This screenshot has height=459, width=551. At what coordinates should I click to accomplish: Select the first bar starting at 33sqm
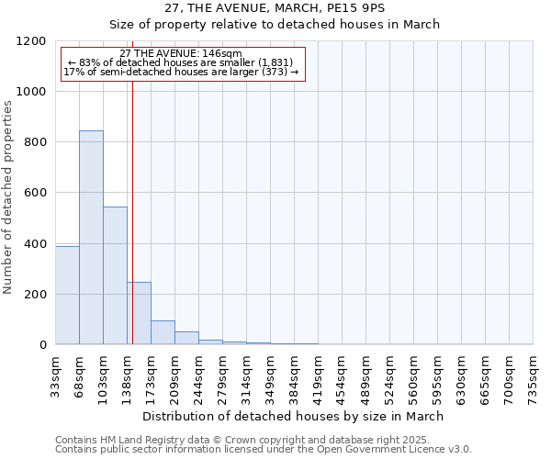pyautogui.click(x=67, y=295)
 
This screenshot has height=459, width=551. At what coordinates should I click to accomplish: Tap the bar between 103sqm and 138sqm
pyautogui.click(x=115, y=275)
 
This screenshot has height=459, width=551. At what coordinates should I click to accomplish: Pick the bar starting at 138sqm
pyautogui.click(x=140, y=313)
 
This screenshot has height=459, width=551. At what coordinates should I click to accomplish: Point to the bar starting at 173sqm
pyautogui.click(x=163, y=332)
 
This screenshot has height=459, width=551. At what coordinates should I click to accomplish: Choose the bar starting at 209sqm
pyautogui.click(x=186, y=338)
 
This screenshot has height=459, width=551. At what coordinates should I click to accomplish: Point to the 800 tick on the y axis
pyautogui.click(x=36, y=142)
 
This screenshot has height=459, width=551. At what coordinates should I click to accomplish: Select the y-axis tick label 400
pyautogui.click(x=36, y=244)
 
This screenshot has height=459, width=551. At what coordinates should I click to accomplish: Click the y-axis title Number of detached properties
pyautogui.click(x=9, y=198)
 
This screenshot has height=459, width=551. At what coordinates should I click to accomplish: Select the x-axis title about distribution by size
pyautogui.click(x=294, y=416)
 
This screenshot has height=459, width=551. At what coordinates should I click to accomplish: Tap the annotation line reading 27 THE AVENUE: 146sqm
pyautogui.click(x=181, y=53)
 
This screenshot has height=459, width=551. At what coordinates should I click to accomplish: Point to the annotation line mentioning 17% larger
pyautogui.click(x=181, y=72)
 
